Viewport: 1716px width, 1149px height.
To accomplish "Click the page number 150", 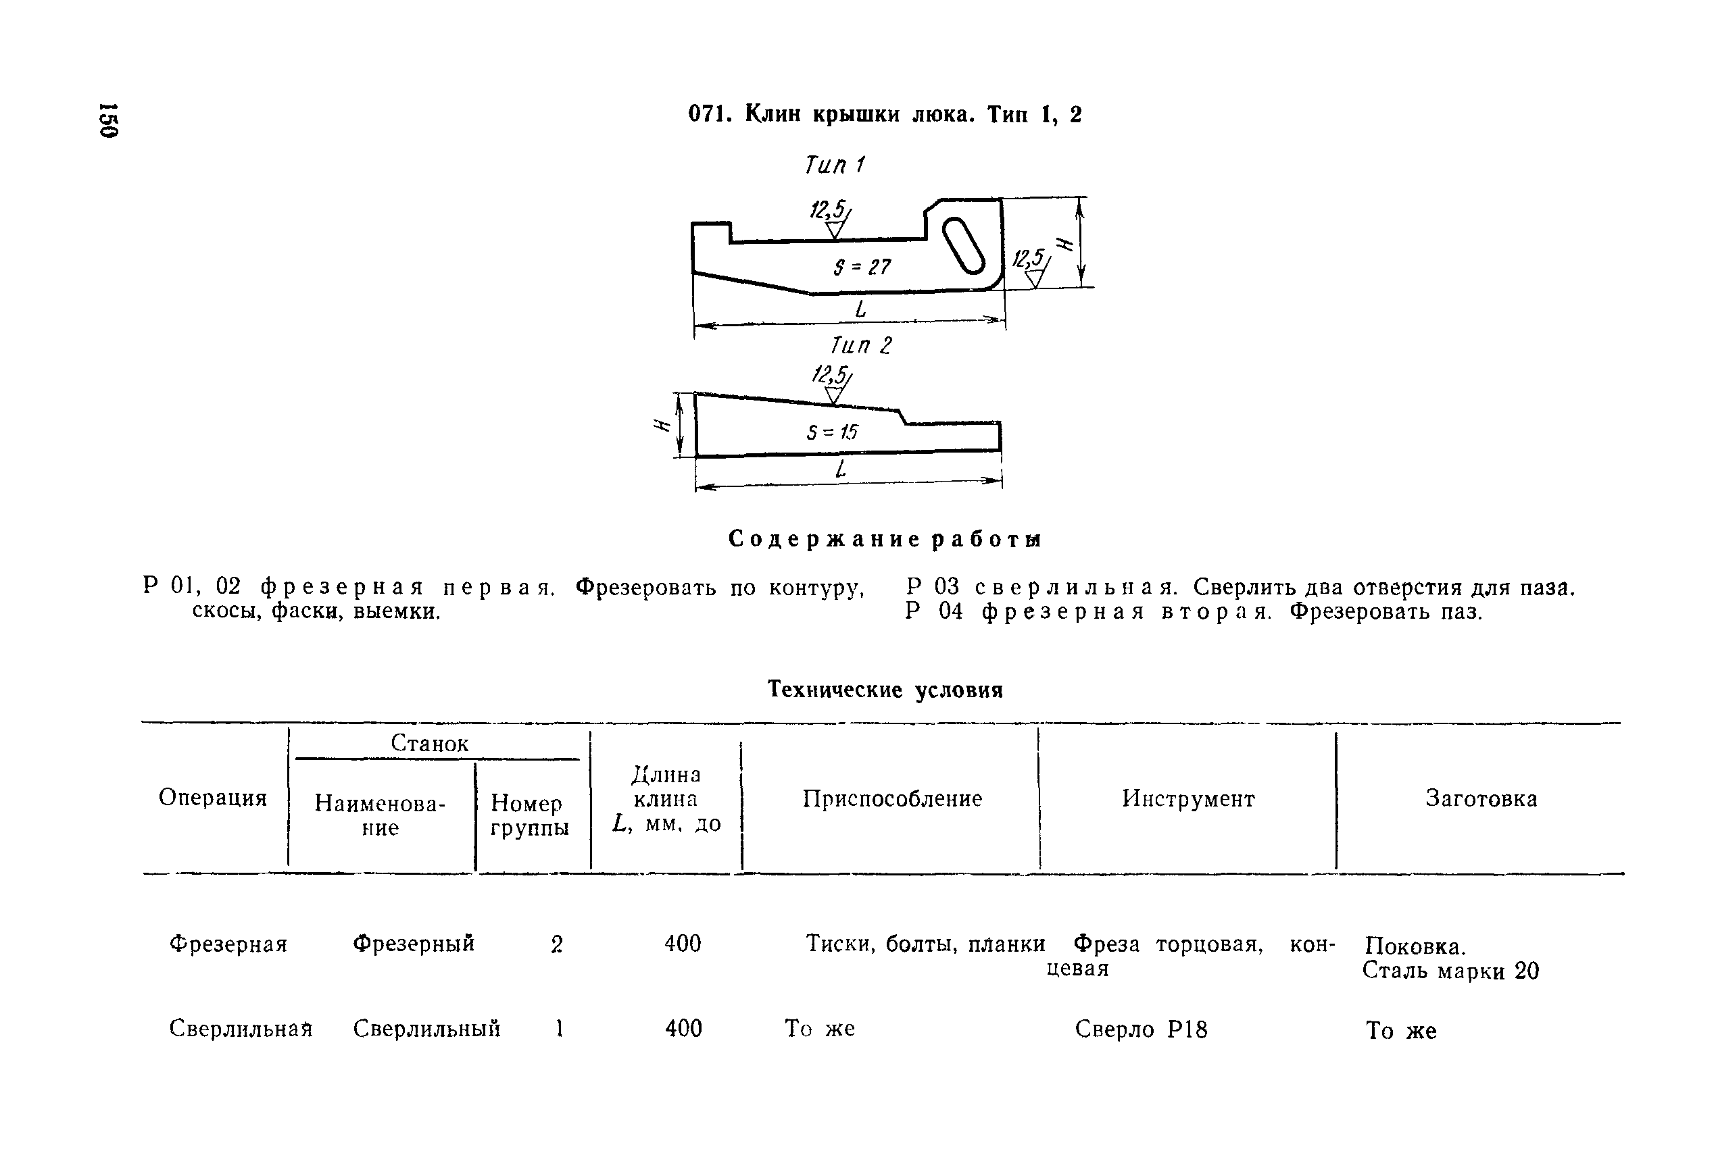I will [109, 120].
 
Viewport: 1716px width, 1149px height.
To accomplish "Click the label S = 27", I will [861, 267].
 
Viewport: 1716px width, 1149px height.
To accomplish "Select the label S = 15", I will [832, 432].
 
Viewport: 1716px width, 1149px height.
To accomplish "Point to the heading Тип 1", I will [834, 165].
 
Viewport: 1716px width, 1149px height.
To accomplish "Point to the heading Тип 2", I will [860, 345].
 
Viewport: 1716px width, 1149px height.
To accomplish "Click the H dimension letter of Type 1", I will [1064, 245].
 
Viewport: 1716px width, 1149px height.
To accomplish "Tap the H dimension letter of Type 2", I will [662, 426].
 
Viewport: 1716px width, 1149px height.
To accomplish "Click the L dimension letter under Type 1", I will [860, 310].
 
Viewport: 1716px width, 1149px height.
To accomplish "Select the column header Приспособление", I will [892, 798].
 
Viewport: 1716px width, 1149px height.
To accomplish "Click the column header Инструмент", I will [1188, 798].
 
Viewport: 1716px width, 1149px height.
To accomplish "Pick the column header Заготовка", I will [1481, 798].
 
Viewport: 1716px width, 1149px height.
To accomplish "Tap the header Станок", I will [430, 743].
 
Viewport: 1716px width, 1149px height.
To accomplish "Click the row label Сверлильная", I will [241, 1029].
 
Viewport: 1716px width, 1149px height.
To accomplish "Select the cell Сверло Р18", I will [1141, 1029].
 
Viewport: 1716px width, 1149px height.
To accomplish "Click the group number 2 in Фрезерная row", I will [556, 944].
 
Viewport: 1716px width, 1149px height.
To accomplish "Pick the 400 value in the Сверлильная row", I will [683, 1029].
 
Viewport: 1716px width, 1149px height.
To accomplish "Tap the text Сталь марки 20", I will [1450, 971].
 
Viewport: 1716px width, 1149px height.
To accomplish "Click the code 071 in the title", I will [707, 114].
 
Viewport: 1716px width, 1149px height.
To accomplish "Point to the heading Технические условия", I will [885, 690].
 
